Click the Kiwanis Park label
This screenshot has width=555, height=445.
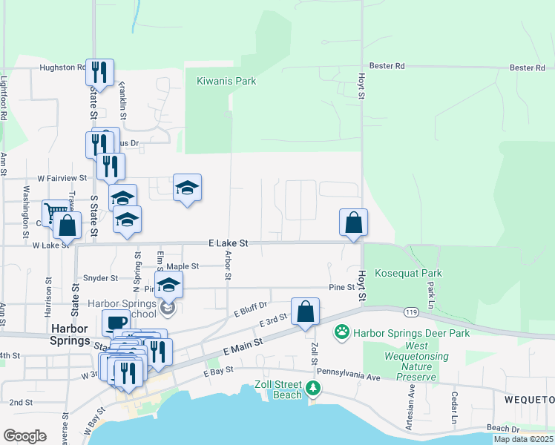[x=226, y=81]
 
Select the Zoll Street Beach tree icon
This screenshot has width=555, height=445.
[x=314, y=387]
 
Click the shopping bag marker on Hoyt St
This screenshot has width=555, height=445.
[x=354, y=222]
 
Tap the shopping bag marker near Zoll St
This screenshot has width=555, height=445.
[x=305, y=312]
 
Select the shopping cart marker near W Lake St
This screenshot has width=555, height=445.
[x=54, y=213]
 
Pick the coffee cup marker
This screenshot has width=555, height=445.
[x=116, y=323]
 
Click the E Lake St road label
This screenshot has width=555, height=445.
[x=228, y=243]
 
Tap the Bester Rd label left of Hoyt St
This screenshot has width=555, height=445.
[x=390, y=66]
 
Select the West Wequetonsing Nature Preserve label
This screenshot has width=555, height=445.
[x=407, y=361]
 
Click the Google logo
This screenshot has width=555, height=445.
[x=24, y=436]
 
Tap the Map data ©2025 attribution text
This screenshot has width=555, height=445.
[x=524, y=440]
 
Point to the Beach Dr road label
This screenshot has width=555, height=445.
[x=504, y=429]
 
